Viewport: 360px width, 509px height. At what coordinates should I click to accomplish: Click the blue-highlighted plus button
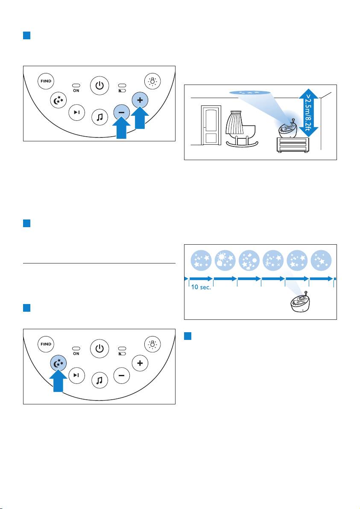[x=140, y=100]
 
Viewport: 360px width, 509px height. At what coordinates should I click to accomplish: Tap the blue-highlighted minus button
[x=121, y=113]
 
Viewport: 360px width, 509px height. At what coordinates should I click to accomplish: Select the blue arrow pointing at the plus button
[x=140, y=117]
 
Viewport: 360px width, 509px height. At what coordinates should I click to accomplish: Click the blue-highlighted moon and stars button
[x=59, y=364]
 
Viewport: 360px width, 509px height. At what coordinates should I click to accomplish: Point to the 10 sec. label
[x=201, y=287]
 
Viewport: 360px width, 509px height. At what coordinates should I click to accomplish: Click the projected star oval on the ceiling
[x=250, y=93]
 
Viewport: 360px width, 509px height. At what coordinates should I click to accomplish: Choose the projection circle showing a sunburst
[x=225, y=260]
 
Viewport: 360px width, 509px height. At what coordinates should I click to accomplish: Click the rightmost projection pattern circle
[x=322, y=260]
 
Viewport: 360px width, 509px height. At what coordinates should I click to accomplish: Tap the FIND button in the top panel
[x=46, y=81]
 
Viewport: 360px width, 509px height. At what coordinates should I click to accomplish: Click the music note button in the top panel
[x=100, y=117]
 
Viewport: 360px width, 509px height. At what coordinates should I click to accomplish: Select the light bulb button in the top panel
[x=152, y=81]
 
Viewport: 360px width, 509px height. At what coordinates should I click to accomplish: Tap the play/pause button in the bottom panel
[x=76, y=376]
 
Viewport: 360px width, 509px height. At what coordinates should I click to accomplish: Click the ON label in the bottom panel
[x=76, y=354]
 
